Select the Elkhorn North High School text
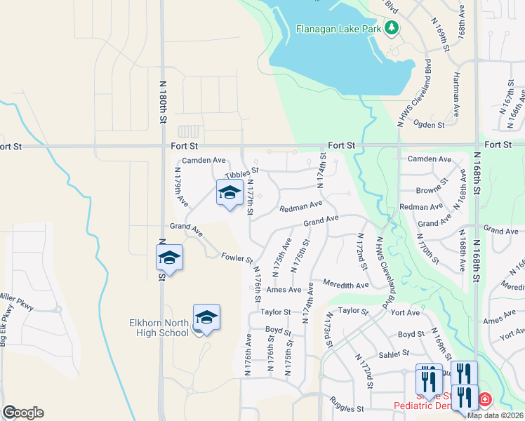[x=159, y=328]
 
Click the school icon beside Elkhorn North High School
[x=206, y=318]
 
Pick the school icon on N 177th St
[x=229, y=194]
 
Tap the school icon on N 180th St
[x=169, y=258]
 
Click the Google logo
[x=23, y=413]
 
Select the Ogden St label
[x=431, y=125]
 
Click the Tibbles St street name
[x=241, y=173]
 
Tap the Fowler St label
[x=237, y=258]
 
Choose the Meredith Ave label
[x=346, y=285]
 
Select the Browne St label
[x=432, y=189]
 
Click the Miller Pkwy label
[x=11, y=298]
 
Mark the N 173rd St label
[x=328, y=334]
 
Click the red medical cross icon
[x=484, y=401]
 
